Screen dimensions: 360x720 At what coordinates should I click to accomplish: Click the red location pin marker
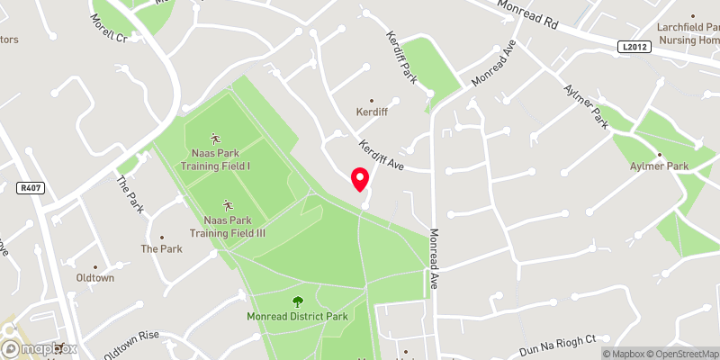pyautogui.click(x=360, y=179)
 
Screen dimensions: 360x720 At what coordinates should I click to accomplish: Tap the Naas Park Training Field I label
pyautogui.click(x=216, y=159)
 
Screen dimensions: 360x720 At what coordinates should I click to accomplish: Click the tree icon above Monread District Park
pyautogui.click(x=298, y=301)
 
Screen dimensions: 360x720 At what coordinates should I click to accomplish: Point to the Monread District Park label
pyautogui.click(x=298, y=317)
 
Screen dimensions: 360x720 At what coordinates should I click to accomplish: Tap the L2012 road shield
pyautogui.click(x=634, y=46)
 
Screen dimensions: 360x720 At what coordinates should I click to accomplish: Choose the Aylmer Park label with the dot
pyautogui.click(x=659, y=166)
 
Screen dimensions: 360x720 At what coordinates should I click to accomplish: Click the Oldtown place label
pyautogui.click(x=95, y=278)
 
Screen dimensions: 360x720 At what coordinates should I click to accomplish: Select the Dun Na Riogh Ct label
pyautogui.click(x=559, y=345)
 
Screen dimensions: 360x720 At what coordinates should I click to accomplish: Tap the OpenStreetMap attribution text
pyautogui.click(x=682, y=354)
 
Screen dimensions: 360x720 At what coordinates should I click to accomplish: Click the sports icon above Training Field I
pyautogui.click(x=216, y=138)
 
